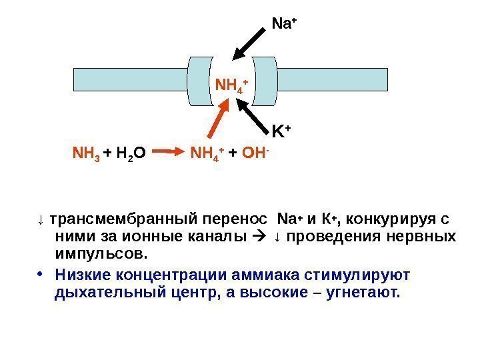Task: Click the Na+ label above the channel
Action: tap(284, 25)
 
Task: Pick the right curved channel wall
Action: tap(263, 81)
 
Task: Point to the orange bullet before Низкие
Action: tap(41, 275)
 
